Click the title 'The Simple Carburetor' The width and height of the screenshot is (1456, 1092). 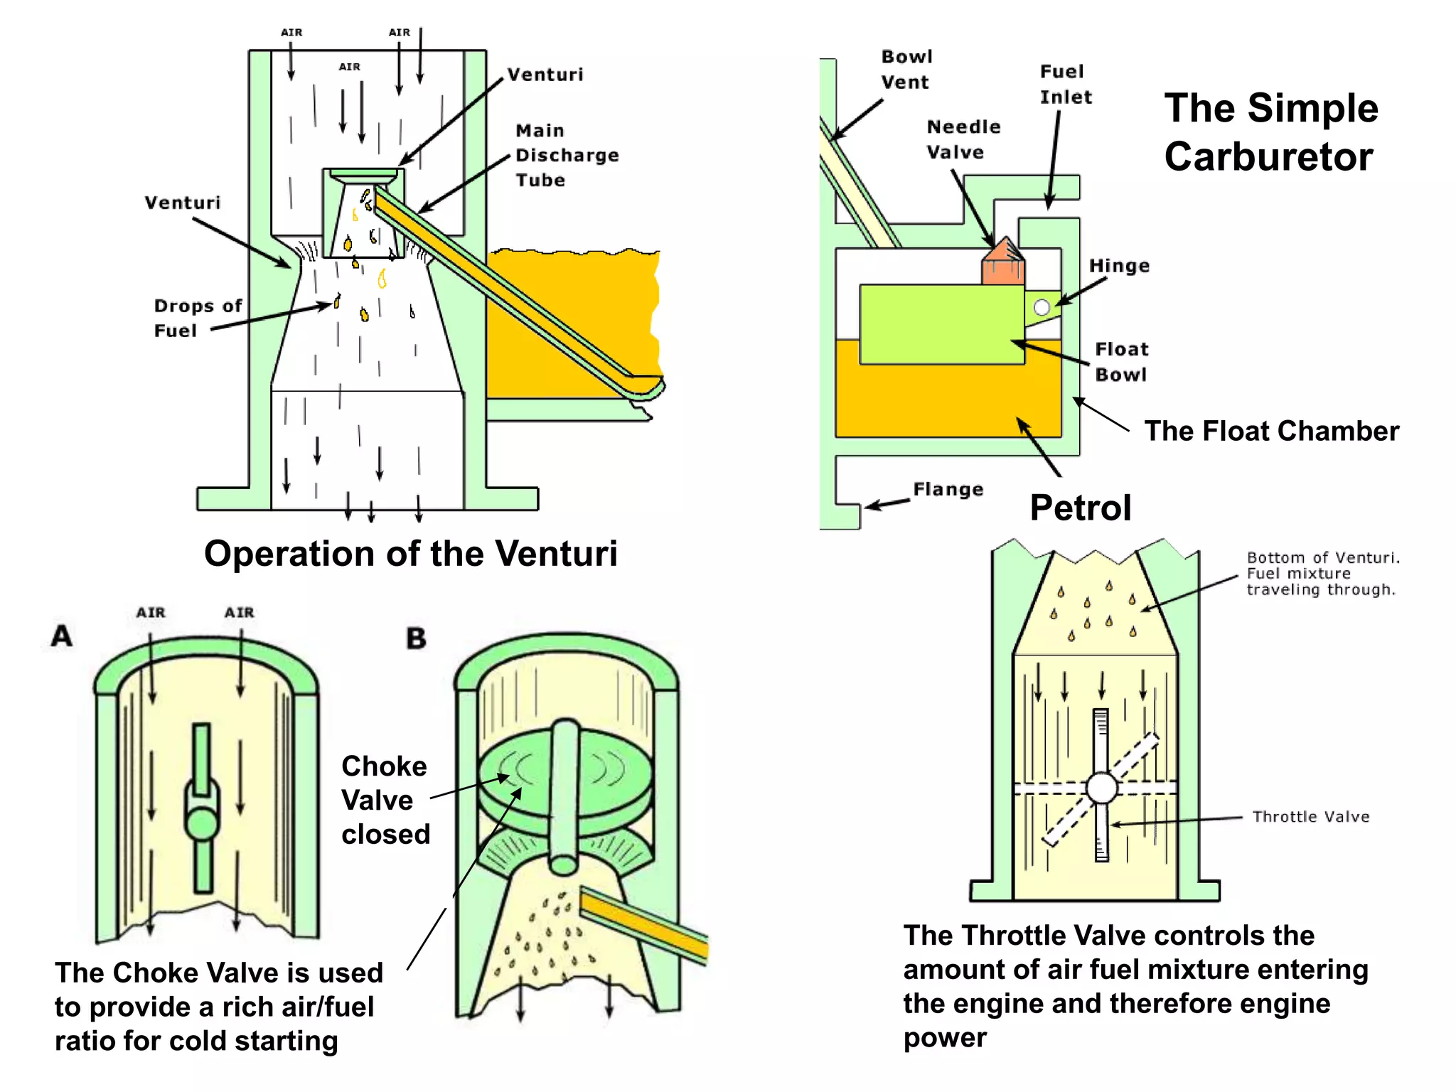pos(1270,132)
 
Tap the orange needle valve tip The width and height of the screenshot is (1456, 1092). pos(1003,262)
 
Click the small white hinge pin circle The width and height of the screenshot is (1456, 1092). pos(1042,307)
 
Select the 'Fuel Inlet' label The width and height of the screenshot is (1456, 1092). pos(1065,85)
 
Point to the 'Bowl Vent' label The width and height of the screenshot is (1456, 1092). pos(906,70)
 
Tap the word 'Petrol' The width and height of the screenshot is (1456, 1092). pos(1080,508)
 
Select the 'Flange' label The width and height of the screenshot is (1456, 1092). pos(948,490)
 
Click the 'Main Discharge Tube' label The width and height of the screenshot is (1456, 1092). pos(567,155)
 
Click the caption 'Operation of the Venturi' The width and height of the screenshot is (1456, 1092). pos(411,553)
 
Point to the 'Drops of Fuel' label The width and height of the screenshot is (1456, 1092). pos(197,318)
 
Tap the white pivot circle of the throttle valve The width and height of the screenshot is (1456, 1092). pos(1101,787)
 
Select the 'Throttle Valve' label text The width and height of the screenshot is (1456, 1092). pos(1310,817)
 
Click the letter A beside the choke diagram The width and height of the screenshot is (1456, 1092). pos(62,636)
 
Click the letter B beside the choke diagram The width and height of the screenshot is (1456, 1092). pos(416,638)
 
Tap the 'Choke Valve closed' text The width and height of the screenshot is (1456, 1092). pos(385,800)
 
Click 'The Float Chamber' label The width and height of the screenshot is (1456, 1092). pos(1271,432)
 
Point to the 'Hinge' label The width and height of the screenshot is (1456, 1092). pos(1119,266)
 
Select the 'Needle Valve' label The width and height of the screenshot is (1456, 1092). pos(963,139)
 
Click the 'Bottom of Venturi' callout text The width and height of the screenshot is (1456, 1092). pos(1322,573)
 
